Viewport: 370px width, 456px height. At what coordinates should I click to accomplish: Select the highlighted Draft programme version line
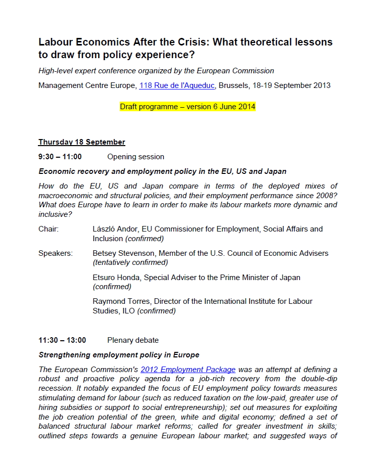click(188, 107)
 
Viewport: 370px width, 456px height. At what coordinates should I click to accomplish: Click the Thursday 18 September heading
click(81, 142)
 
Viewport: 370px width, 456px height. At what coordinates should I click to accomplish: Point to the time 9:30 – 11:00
click(60, 157)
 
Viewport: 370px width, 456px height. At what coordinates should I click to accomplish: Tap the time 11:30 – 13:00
click(62, 340)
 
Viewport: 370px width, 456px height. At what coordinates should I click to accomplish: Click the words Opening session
click(135, 157)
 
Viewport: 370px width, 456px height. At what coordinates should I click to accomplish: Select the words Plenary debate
click(133, 340)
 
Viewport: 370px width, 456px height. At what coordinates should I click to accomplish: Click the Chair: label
click(49, 229)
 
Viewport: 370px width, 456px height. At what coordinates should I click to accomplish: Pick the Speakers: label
click(55, 253)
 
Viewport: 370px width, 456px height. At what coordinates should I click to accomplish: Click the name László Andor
click(115, 229)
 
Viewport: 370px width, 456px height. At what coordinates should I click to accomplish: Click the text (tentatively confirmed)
click(130, 262)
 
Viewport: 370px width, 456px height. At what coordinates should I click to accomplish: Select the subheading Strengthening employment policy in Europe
click(119, 355)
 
